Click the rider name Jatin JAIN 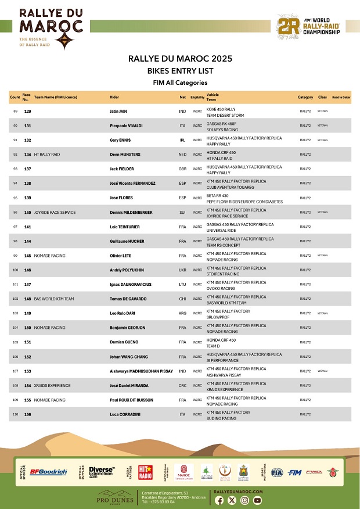pyautogui.click(x=120, y=110)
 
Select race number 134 pyautogui.click(x=27, y=155)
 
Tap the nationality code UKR pyautogui.click(x=182, y=271)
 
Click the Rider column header pyautogui.click(x=114, y=97)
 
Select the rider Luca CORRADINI pyautogui.click(x=124, y=414)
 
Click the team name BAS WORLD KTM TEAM pyautogui.click(x=54, y=299)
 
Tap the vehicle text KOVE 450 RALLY pyautogui.click(x=221, y=109)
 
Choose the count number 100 pyautogui.click(x=15, y=270)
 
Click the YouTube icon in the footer pyautogui.click(x=258, y=500)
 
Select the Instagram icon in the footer pyautogui.click(x=245, y=500)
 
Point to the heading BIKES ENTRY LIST pyautogui.click(x=180, y=71)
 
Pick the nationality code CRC pyautogui.click(x=182, y=385)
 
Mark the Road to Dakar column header pyautogui.click(x=341, y=97)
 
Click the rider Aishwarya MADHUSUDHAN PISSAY pyautogui.click(x=141, y=371)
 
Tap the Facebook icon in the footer pyautogui.click(x=220, y=500)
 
